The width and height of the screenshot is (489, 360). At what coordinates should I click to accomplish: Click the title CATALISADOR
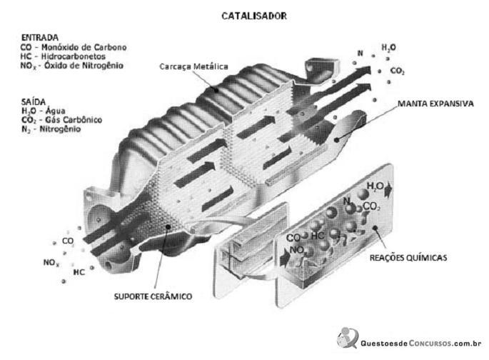pyautogui.click(x=254, y=16)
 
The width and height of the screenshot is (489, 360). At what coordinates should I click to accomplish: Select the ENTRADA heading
pyautogui.click(x=39, y=38)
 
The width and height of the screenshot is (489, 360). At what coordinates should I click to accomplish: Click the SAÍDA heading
pyautogui.click(x=34, y=101)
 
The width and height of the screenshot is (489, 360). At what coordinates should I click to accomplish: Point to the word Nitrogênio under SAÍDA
pyautogui.click(x=60, y=129)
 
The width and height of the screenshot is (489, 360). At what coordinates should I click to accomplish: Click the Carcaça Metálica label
pyautogui.click(x=193, y=66)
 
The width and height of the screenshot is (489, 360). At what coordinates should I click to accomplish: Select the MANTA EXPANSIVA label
pyautogui.click(x=435, y=104)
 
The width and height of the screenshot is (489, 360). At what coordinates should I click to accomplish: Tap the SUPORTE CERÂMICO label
pyautogui.click(x=153, y=296)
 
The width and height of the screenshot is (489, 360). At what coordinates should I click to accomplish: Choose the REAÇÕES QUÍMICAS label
pyautogui.click(x=408, y=258)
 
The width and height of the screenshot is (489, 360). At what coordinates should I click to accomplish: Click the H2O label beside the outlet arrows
pyautogui.click(x=388, y=48)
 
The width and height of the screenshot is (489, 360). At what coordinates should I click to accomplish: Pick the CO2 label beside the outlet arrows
pyautogui.click(x=398, y=71)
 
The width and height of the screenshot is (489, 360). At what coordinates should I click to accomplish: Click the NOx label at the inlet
pyautogui.click(x=51, y=263)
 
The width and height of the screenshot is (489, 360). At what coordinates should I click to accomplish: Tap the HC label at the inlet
pyautogui.click(x=79, y=272)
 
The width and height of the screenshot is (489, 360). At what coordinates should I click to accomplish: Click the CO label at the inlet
pyautogui.click(x=68, y=241)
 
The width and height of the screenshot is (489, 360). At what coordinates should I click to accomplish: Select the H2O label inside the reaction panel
pyautogui.click(x=375, y=186)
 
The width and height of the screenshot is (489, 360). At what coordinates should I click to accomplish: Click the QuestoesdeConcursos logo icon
pyautogui.click(x=347, y=338)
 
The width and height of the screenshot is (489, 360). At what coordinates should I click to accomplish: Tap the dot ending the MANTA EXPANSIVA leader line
pyautogui.click(x=336, y=140)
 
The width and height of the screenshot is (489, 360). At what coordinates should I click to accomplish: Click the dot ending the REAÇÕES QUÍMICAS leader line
pyautogui.click(x=375, y=228)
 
